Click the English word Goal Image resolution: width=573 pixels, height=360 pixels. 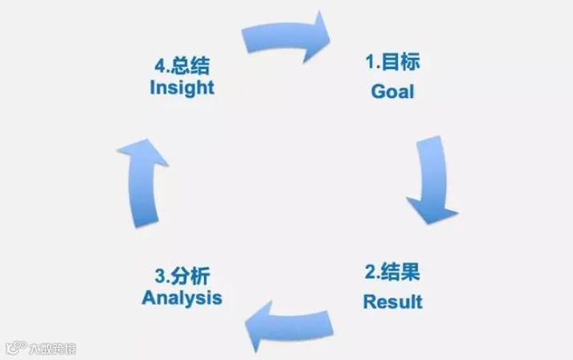392,91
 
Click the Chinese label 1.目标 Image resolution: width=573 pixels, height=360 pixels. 393,61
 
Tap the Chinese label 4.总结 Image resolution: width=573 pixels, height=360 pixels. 183,63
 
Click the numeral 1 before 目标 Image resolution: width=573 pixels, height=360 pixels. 370,62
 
